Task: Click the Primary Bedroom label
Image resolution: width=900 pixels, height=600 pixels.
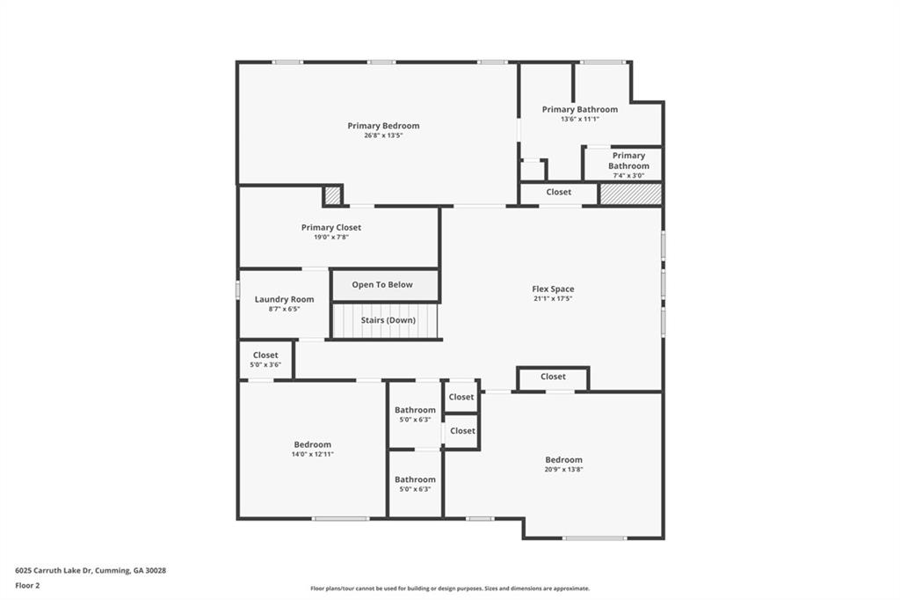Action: [383, 126]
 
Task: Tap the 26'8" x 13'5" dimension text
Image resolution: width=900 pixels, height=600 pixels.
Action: [383, 135]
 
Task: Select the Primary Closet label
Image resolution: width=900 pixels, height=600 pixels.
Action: [331, 227]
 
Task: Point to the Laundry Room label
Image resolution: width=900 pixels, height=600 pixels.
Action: [285, 299]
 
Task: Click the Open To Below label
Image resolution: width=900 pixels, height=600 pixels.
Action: [382, 285]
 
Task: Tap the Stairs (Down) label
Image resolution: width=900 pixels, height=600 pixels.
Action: [388, 320]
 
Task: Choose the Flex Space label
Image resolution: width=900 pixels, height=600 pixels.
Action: [553, 289]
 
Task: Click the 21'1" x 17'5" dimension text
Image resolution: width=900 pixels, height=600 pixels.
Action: [553, 298]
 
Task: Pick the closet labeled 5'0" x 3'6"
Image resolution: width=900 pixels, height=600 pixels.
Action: [265, 355]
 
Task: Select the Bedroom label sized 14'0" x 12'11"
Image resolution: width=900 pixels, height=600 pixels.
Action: [313, 444]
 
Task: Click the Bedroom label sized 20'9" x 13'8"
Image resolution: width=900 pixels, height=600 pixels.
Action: [563, 459]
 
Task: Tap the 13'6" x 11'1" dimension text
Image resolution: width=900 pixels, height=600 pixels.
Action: [580, 120]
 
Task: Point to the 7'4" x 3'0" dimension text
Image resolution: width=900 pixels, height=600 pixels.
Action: [628, 175]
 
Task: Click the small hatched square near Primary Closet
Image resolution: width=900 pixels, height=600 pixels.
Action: [332, 195]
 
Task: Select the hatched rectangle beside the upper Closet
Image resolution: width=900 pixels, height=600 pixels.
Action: [630, 194]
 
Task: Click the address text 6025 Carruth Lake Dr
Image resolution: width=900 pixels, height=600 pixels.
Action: [91, 570]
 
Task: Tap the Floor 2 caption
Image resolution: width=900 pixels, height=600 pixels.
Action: [28, 585]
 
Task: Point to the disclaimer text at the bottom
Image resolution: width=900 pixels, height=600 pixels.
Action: [450, 589]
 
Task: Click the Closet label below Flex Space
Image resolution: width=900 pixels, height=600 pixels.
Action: [553, 377]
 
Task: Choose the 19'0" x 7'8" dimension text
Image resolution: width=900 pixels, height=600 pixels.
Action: [331, 237]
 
